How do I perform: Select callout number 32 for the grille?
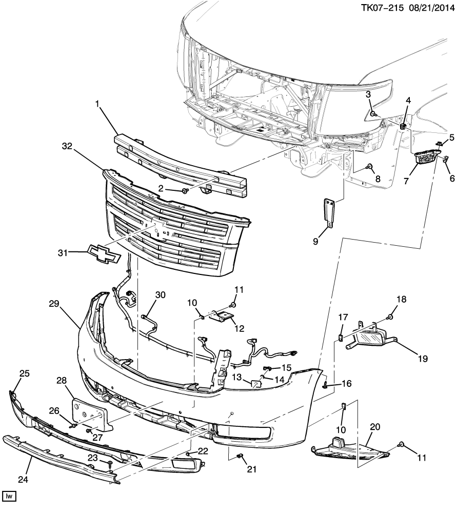pos(67,146)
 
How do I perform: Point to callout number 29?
pos(54,304)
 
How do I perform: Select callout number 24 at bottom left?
pos(23,480)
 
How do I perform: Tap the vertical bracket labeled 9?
pos(329,212)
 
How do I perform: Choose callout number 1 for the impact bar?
pos(97,104)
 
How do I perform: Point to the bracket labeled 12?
pos(223,315)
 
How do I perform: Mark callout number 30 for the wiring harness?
pos(160,295)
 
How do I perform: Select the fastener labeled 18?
pos(391,317)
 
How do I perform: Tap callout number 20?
pos(375,427)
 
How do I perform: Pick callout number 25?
pos(25,373)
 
